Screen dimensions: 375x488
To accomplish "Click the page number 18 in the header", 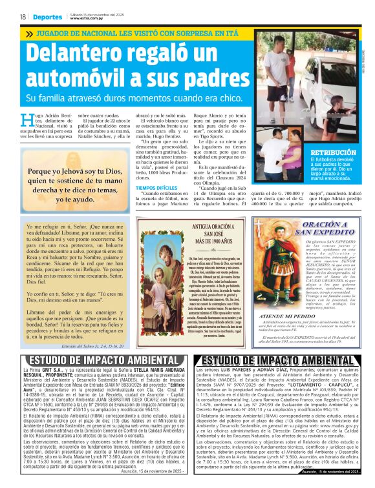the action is (23, 17).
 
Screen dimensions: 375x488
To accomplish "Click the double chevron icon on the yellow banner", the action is (29, 33).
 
